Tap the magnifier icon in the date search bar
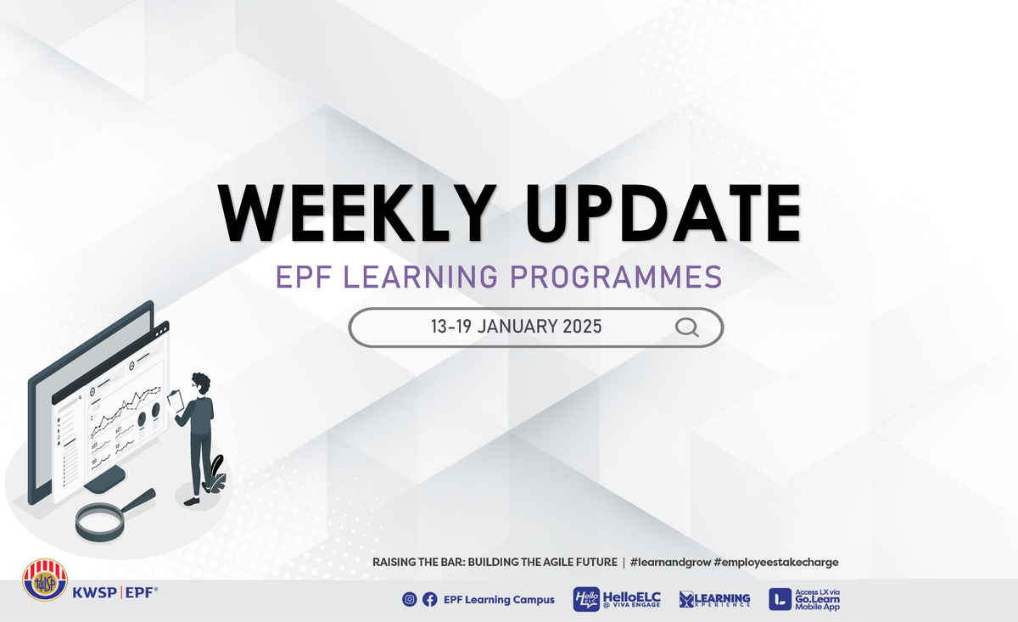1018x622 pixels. coord(686,328)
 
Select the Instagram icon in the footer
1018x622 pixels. coord(410,599)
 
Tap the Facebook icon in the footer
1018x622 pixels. coord(430,599)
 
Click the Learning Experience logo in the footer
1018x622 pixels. coord(714,599)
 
